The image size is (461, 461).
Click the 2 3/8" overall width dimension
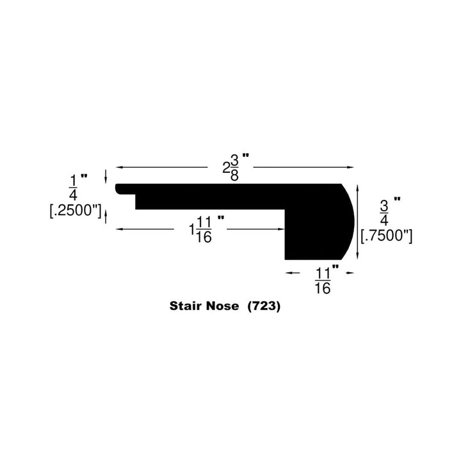coord(235,167)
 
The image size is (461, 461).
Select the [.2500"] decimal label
coord(76,211)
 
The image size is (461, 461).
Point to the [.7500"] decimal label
coord(386,236)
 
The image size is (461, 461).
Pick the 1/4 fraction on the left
coord(73,188)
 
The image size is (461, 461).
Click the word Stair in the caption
coord(186,306)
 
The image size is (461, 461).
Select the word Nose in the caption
coord(222,306)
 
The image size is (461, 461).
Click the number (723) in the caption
coord(264,306)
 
